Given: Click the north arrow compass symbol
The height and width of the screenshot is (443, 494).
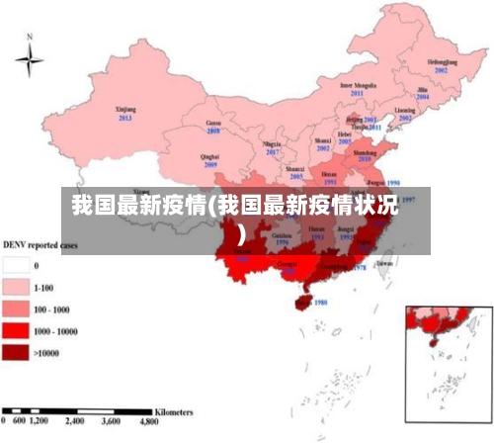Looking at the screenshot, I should click(30, 58).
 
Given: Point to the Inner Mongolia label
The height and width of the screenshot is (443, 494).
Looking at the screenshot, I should click(359, 85).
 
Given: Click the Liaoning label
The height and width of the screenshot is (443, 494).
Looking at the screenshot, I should click(405, 110).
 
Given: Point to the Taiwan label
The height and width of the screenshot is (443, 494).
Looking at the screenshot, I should click(384, 263).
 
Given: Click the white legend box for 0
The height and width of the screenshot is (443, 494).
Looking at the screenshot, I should click(16, 265).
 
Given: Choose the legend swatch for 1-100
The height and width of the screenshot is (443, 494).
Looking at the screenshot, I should click(16, 287).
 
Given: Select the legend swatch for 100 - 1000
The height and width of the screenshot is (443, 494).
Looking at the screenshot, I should click(16, 309).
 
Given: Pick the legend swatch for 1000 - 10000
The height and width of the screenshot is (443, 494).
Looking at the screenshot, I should click(16, 330).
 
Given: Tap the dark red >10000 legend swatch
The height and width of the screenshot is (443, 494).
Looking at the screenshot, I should click(16, 352).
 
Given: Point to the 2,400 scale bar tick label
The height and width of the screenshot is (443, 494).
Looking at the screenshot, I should click(72, 420).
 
